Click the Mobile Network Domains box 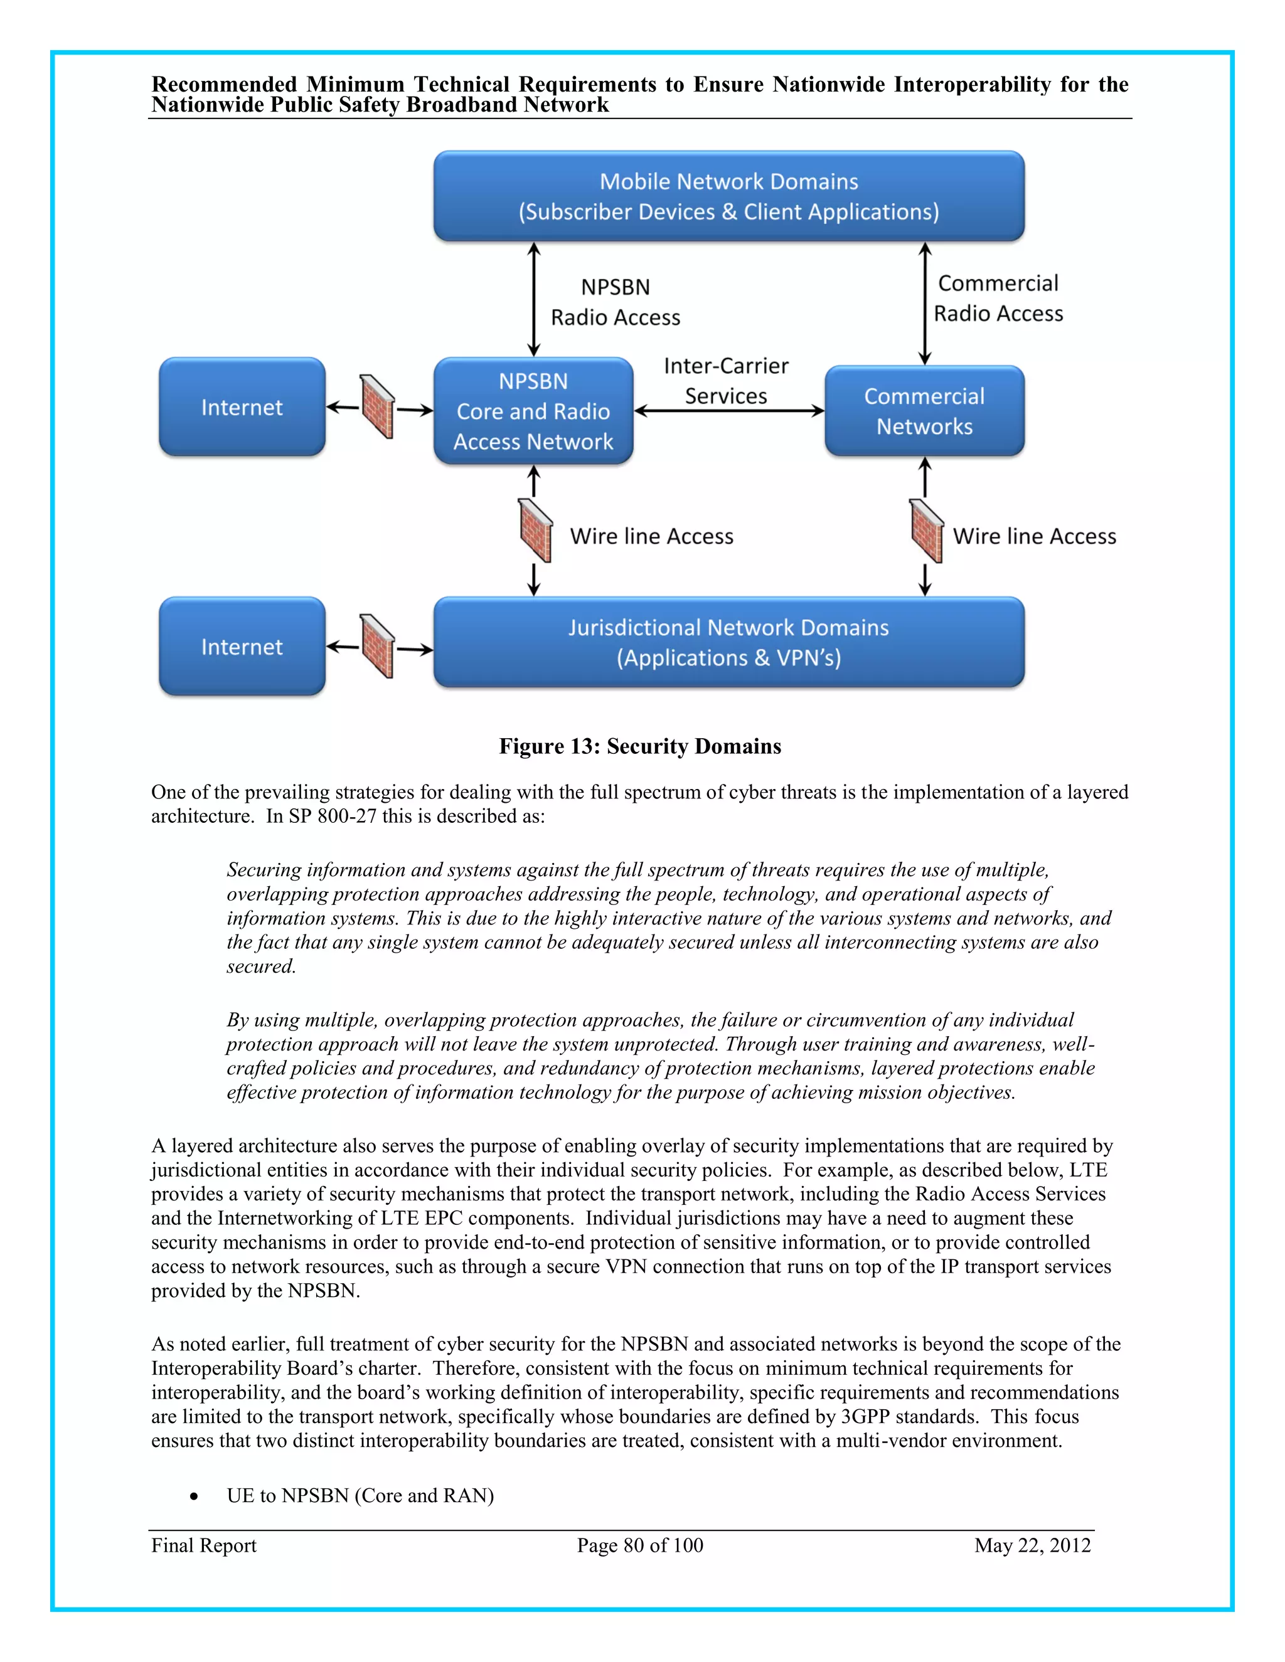[x=728, y=196]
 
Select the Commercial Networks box [x=924, y=411]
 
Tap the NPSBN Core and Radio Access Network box [x=533, y=411]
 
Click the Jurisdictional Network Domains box [x=728, y=642]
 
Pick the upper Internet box [x=242, y=407]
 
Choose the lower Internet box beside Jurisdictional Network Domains [x=242, y=646]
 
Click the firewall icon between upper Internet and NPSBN [x=378, y=406]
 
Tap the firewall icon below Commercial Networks [x=927, y=531]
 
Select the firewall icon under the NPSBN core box [x=535, y=531]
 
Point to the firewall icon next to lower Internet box [x=378, y=646]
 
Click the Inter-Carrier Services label [x=725, y=381]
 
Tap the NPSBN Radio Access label [x=615, y=302]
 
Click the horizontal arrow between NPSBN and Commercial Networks [x=728, y=411]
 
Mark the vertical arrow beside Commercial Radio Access [x=925, y=303]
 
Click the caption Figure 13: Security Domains [x=639, y=746]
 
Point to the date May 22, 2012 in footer [x=1032, y=1545]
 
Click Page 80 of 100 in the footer [x=639, y=1545]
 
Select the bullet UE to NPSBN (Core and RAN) [x=360, y=1495]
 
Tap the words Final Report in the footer [x=203, y=1545]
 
